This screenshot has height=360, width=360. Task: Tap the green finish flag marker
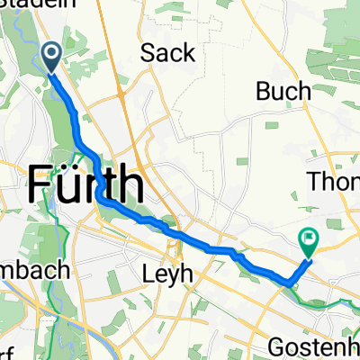click(308, 241)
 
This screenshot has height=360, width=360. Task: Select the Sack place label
click(168, 53)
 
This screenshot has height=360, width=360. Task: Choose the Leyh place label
click(168, 271)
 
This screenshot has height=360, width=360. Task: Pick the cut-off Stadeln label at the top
click(28, 4)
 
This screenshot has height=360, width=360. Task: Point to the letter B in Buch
click(264, 91)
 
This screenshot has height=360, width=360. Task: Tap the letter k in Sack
click(187, 53)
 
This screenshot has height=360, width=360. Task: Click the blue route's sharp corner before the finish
click(289, 282)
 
